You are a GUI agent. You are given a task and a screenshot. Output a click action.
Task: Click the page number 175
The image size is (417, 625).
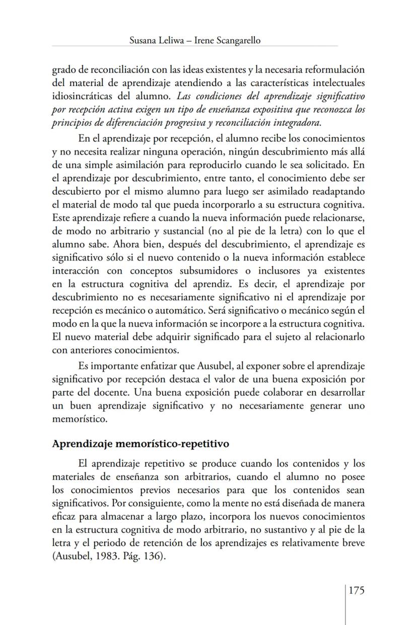pos(356,590)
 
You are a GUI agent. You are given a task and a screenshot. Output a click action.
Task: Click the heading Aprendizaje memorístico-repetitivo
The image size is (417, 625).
pos(141,444)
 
